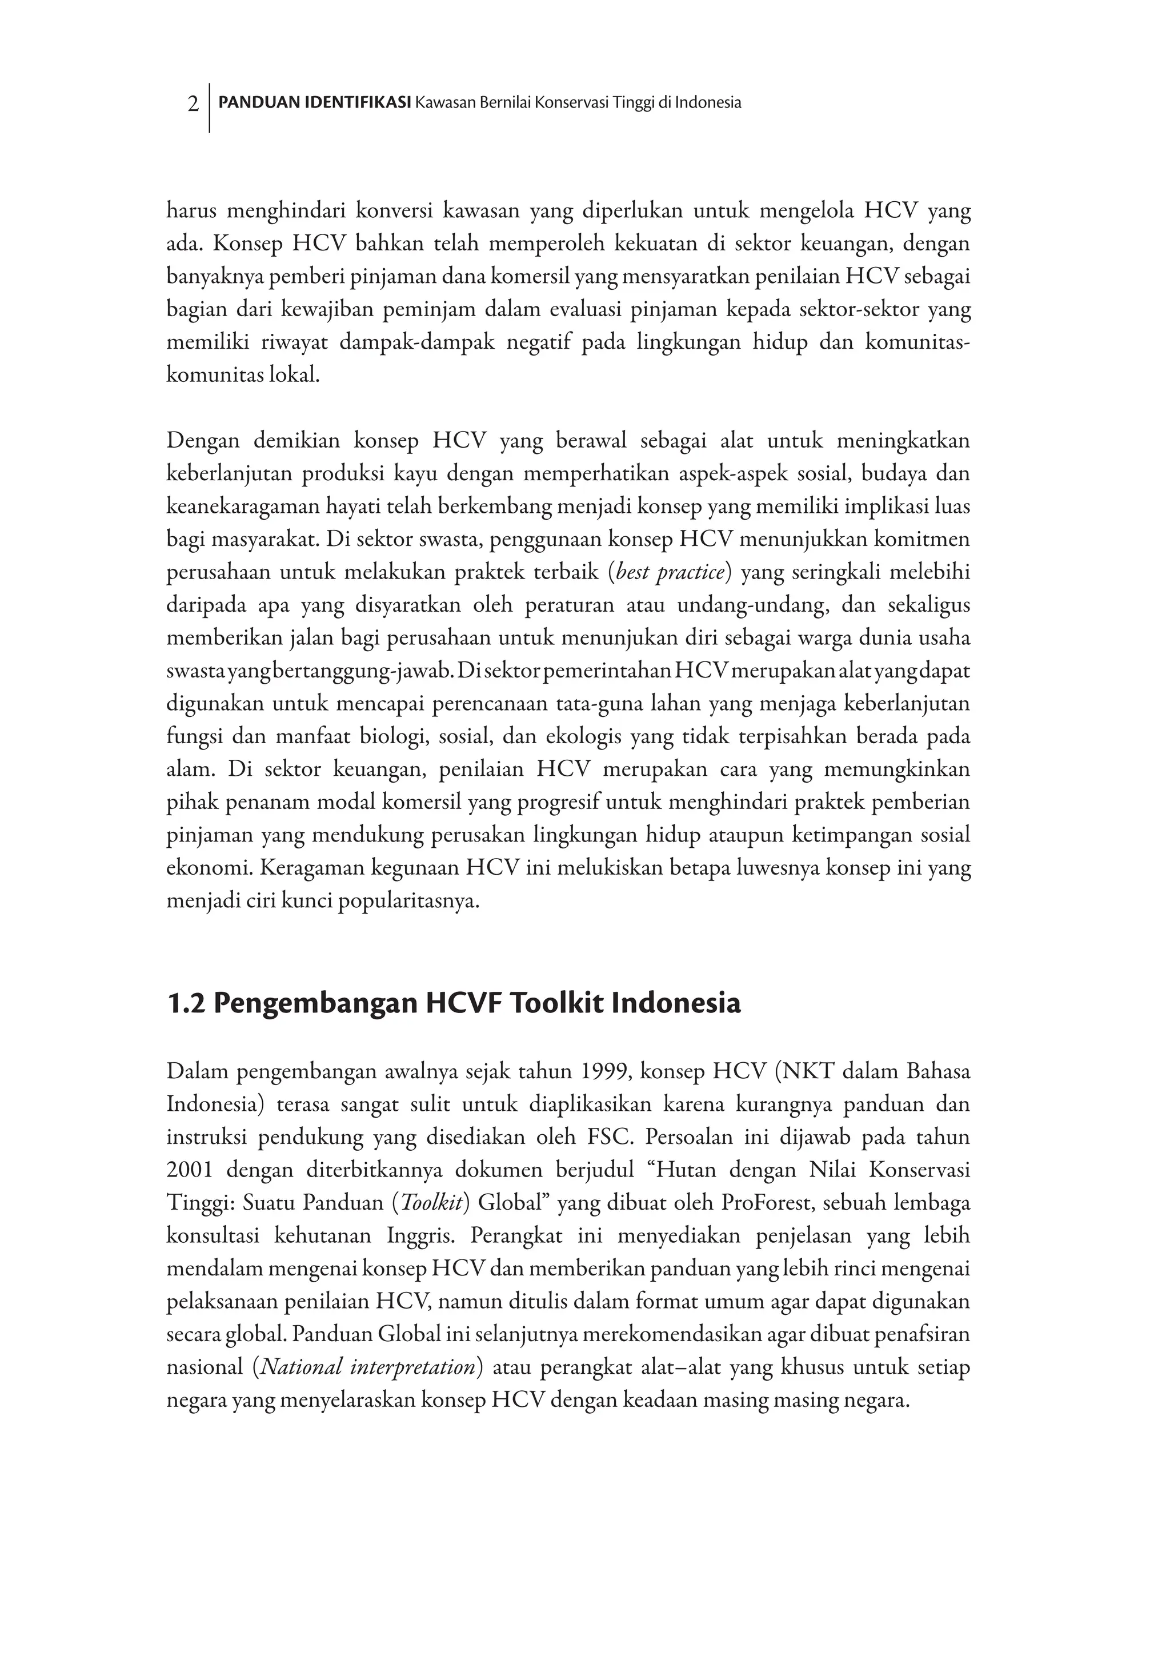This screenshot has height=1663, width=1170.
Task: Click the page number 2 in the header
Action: tap(193, 103)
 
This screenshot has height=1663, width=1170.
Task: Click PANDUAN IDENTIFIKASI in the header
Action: tap(315, 103)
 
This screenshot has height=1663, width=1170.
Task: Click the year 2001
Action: tap(190, 1170)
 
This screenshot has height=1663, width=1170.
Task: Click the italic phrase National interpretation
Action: tap(368, 1367)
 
